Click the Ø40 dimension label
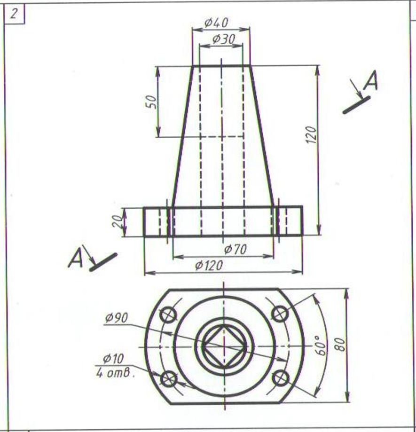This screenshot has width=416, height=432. point(216,23)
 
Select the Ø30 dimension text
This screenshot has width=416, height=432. point(224,39)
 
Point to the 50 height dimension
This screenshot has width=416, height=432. point(152,102)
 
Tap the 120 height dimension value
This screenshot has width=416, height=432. point(311,134)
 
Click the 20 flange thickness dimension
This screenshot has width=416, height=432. point(118,221)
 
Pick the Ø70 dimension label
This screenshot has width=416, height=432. point(235,249)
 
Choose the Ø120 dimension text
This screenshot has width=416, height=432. point(209,266)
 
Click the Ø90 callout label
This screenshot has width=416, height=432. point(117,318)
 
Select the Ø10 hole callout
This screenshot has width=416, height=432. point(113,359)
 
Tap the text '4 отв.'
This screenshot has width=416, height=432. point(116,373)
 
